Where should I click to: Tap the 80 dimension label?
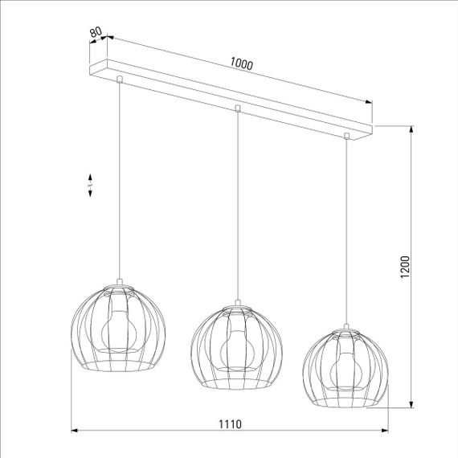click(x=96, y=33)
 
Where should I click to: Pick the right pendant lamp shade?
click(x=346, y=366)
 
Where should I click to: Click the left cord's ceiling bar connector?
click(x=120, y=79)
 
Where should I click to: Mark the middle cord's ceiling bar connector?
click(x=237, y=108)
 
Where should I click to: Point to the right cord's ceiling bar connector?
click(x=347, y=136)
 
